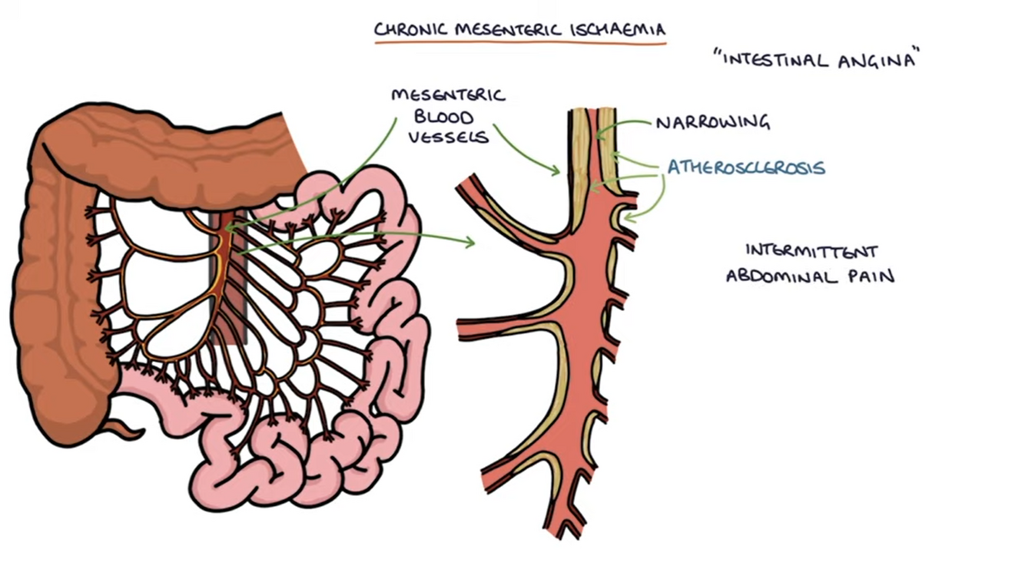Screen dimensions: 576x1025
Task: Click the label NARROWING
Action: point(712,122)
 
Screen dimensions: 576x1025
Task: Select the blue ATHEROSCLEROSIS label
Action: point(746,167)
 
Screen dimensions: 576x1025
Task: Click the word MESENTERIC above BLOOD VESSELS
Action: point(448,95)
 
